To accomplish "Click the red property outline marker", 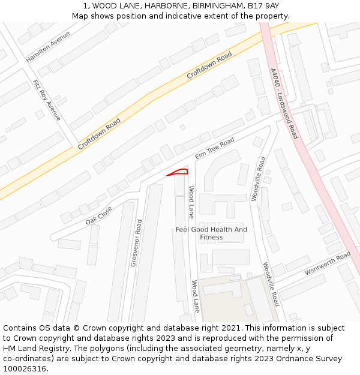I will [179, 173].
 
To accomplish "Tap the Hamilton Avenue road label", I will [48, 47].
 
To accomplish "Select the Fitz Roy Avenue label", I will [47, 100].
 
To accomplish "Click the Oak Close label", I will [99, 215].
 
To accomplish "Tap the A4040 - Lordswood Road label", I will [284, 103].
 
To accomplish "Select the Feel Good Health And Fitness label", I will [211, 233].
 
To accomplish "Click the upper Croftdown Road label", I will [209, 66].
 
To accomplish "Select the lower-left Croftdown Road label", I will [99, 133].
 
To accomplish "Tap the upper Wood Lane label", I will [191, 202].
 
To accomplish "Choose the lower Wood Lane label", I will [195, 296].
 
